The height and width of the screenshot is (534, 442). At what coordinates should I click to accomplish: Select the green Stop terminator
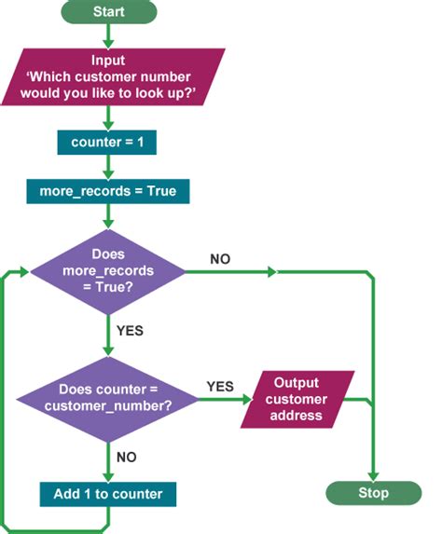(373, 492)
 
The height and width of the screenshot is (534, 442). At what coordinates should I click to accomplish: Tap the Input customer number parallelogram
(110, 79)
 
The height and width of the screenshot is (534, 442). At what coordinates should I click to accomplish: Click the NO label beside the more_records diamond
(220, 258)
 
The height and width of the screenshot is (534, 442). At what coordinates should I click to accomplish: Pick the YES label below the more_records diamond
(131, 330)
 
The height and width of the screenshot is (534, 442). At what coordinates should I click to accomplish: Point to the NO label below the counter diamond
(128, 457)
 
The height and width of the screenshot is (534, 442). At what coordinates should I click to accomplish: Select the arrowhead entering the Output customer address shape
(248, 399)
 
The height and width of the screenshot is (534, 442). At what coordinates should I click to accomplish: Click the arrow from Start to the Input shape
(110, 35)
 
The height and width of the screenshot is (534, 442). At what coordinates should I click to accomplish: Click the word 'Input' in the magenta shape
(110, 62)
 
